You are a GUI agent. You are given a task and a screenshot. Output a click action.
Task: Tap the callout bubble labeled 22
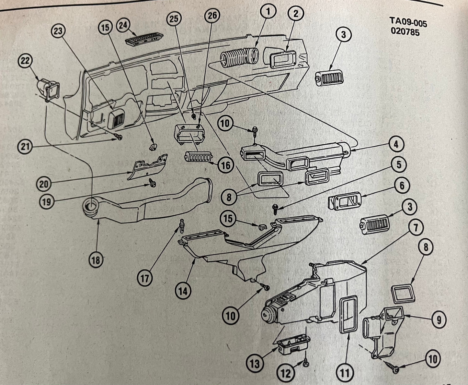coord(28,61)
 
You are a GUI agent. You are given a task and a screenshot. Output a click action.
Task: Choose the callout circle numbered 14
coord(183,291)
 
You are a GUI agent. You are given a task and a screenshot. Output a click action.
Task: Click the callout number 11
coord(345,373)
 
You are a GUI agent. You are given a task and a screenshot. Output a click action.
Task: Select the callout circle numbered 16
coord(225,165)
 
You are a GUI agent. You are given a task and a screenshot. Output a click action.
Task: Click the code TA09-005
coord(408,23)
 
